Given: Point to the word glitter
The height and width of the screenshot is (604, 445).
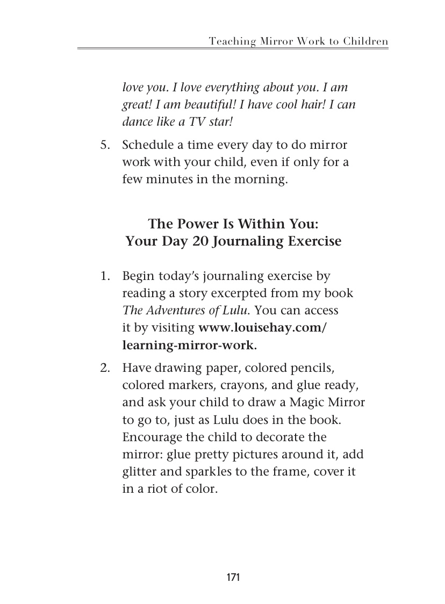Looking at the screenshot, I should [x=139, y=472].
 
